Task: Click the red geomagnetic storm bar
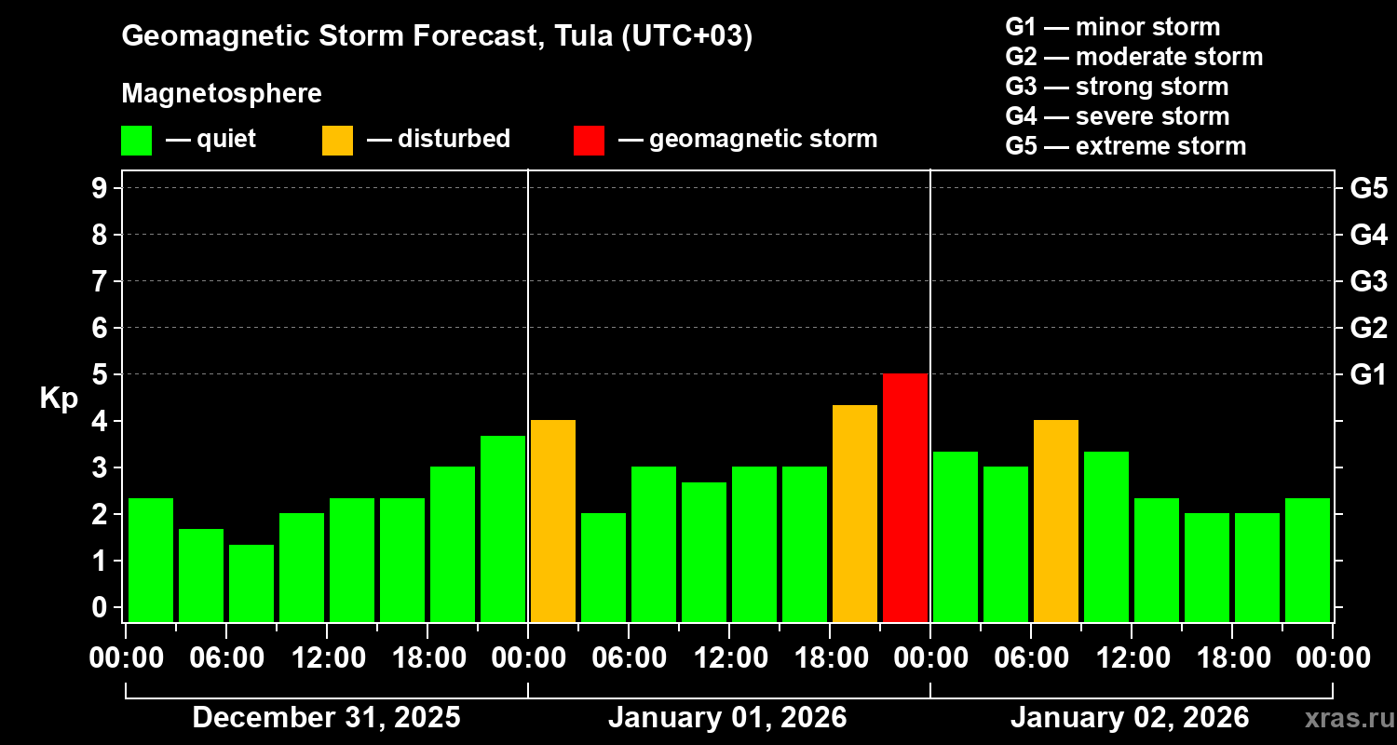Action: click(905, 497)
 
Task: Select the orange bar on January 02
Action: click(1056, 521)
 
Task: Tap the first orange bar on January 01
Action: click(553, 521)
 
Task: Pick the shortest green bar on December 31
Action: click(251, 583)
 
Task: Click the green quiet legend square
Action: click(137, 140)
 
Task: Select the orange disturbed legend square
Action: click(338, 140)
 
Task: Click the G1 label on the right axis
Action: click(1368, 374)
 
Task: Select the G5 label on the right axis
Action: click(1368, 188)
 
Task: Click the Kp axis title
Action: click(59, 399)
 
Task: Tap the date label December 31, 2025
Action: click(326, 718)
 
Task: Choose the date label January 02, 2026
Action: click(1130, 718)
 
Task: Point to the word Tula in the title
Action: click(581, 36)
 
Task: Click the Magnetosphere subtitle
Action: click(222, 94)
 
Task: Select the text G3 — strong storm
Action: click(1117, 87)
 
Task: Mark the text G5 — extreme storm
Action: click(1125, 146)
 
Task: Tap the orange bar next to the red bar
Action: click(855, 513)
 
